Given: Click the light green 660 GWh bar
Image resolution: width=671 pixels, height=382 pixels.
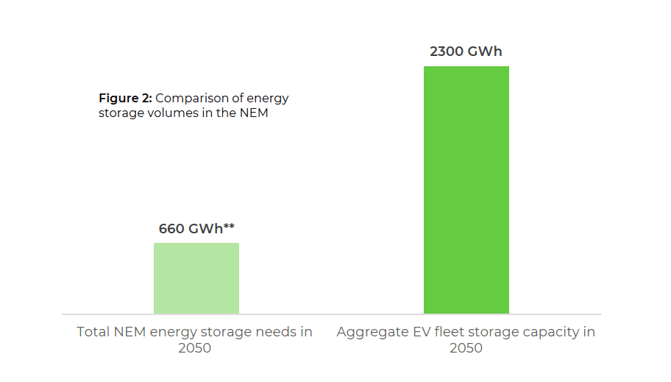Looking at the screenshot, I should (x=196, y=278).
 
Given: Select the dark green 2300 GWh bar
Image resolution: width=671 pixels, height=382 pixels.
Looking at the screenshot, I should (x=466, y=190).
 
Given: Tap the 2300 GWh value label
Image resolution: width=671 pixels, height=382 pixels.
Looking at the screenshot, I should (x=466, y=52).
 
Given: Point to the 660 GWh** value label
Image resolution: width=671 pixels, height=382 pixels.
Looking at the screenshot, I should (x=196, y=228).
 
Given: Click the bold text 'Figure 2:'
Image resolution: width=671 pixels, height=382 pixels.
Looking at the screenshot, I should (x=125, y=98).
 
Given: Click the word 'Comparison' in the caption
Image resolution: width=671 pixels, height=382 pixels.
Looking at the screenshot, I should (x=191, y=98).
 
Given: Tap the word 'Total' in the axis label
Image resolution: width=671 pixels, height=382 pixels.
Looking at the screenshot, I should (x=94, y=332).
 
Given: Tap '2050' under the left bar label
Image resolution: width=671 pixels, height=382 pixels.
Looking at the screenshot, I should (x=194, y=348).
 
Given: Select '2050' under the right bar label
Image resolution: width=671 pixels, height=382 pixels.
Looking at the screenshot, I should (x=466, y=348).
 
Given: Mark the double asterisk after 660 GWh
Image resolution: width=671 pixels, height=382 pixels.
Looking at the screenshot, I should (x=229, y=226).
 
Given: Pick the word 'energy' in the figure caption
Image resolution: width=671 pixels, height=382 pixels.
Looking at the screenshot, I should (x=268, y=98).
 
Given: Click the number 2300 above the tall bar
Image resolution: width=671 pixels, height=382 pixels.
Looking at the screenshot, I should (x=447, y=52).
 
